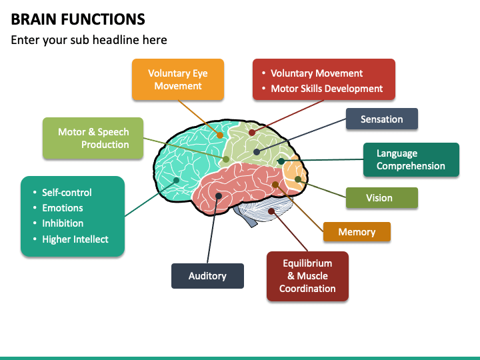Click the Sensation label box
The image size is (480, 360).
[x=382, y=119]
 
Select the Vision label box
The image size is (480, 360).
[x=382, y=198]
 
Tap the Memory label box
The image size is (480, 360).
[x=357, y=232]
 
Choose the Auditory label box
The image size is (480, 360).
[x=207, y=276]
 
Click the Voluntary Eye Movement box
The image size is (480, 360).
[x=178, y=79]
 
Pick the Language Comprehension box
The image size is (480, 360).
[x=411, y=159]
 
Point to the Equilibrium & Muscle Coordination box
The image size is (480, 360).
[x=307, y=276]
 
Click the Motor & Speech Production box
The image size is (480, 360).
[x=93, y=138]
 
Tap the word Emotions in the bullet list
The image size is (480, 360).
[x=63, y=208]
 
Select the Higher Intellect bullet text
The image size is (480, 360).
[x=75, y=239]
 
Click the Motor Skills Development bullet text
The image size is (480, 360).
[x=327, y=89]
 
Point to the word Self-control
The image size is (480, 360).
[x=67, y=192]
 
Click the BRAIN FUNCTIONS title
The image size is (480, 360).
[x=78, y=19]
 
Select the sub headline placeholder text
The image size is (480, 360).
[x=89, y=40]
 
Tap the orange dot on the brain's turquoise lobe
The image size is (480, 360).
[x=220, y=135]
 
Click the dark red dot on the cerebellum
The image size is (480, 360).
[x=271, y=211]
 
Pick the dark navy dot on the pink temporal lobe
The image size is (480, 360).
[x=219, y=196]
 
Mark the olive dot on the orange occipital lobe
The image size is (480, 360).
[x=298, y=179]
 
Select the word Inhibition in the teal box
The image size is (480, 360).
[x=63, y=223]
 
